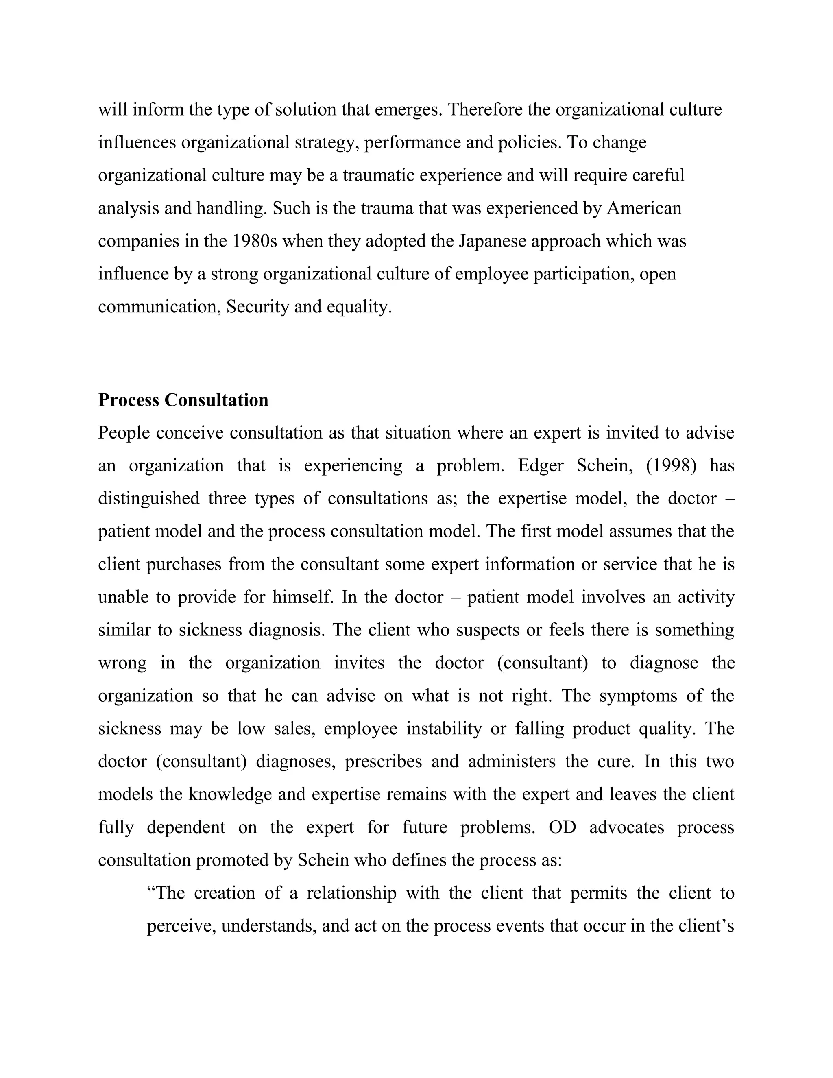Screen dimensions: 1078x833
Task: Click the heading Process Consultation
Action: coord(183,400)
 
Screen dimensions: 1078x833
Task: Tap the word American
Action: coord(644,208)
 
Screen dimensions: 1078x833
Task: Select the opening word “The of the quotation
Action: coord(165,893)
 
